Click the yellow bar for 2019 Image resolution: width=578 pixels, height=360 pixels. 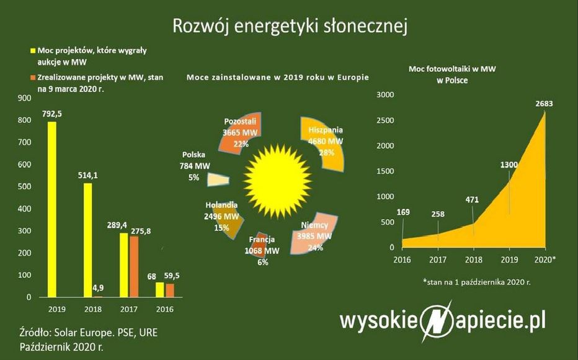(52, 210)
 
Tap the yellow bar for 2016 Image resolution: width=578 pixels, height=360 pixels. (160, 290)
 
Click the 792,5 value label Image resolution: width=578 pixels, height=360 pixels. (53, 113)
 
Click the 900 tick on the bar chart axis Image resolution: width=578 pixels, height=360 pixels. (24, 98)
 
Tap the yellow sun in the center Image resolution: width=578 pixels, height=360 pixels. (278, 177)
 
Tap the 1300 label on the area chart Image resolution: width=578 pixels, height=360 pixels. (509, 165)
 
